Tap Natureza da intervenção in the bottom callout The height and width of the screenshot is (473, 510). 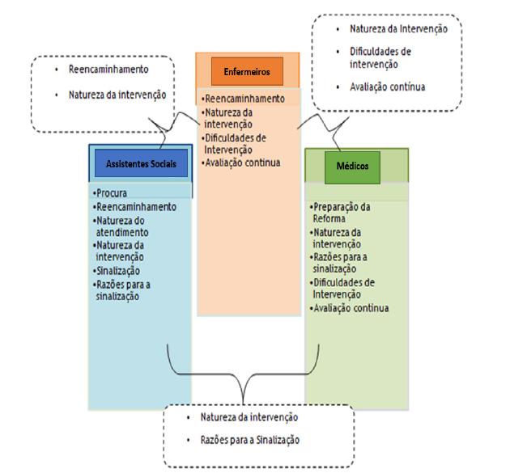click(x=249, y=418)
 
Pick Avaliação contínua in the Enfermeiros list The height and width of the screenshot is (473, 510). click(x=242, y=162)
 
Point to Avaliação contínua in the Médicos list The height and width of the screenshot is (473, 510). click(x=351, y=308)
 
